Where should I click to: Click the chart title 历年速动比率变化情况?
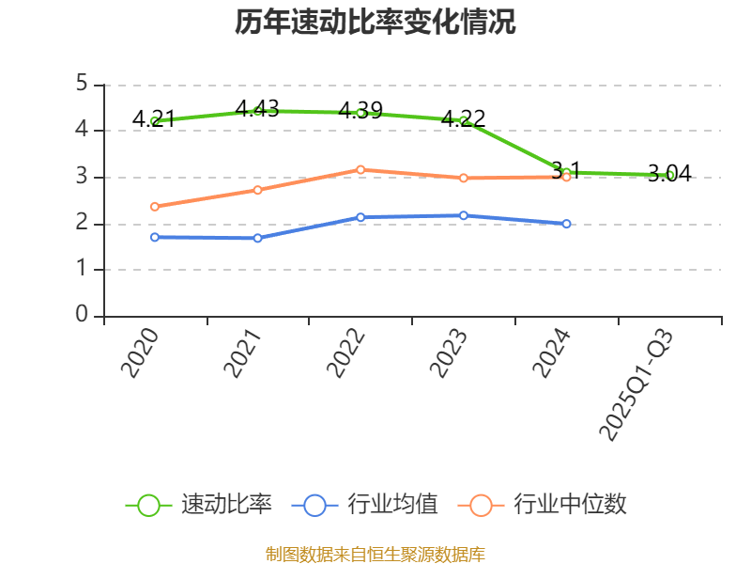point(375,23)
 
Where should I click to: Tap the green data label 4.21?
point(154,118)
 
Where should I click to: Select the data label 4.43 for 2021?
point(257,108)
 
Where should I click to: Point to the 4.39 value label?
point(360,110)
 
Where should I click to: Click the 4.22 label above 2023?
point(464,118)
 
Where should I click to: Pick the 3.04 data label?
point(669,173)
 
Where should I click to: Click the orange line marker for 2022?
point(360,169)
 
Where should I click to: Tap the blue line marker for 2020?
point(154,237)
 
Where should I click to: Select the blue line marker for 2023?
point(464,215)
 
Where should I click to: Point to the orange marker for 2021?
point(257,190)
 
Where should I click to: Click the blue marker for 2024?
point(566,224)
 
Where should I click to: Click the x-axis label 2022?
point(345,352)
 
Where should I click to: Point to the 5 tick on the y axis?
point(83,85)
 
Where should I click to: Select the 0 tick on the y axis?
point(83,316)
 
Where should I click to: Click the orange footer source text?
point(375,554)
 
